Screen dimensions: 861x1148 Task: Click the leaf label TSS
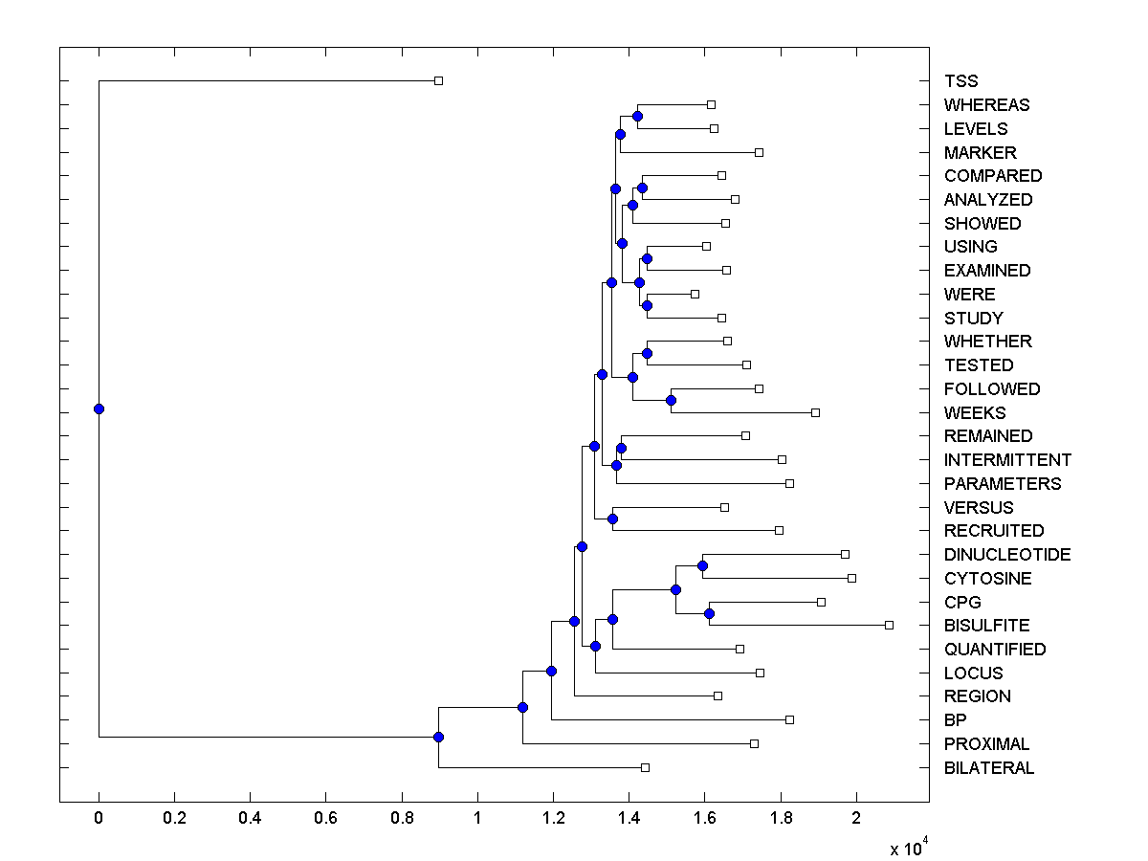click(x=960, y=81)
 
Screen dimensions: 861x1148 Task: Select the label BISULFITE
click(x=986, y=626)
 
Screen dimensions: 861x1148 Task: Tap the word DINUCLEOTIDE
click(x=1007, y=555)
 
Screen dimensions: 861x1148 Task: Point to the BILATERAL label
click(x=988, y=768)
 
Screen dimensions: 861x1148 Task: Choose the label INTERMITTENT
click(x=1007, y=460)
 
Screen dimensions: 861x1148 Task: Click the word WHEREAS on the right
click(x=986, y=105)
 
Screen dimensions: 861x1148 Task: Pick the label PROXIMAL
click(x=986, y=744)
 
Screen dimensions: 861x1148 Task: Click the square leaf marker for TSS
click(x=438, y=80)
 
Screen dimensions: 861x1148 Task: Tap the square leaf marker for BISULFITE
click(x=889, y=625)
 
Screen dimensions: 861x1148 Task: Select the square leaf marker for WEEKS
click(x=815, y=412)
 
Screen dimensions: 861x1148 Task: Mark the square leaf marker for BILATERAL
click(x=645, y=767)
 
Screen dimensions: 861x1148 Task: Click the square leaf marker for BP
click(x=789, y=719)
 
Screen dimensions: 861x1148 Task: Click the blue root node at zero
click(x=99, y=408)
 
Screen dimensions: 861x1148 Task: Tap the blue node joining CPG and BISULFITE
click(x=709, y=613)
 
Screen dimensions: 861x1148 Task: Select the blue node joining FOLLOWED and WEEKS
click(x=671, y=400)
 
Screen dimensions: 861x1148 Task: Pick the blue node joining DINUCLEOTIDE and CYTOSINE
click(x=702, y=565)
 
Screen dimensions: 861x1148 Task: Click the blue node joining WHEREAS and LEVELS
click(x=637, y=116)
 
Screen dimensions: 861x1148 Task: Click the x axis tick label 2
click(x=856, y=819)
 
